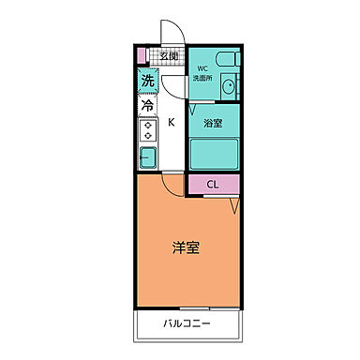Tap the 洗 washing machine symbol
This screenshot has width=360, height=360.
[x=147, y=82]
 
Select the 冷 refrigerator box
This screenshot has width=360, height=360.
[x=147, y=106]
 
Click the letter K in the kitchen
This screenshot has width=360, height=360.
[x=172, y=122]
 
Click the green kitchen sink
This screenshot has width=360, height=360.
[x=147, y=156]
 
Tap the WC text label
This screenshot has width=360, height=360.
[x=202, y=68]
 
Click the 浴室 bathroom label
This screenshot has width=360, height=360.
[x=212, y=122]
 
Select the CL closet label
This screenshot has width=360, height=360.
[x=212, y=185]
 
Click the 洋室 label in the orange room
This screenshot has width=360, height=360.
[x=184, y=248]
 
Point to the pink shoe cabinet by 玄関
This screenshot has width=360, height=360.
[x=142, y=56]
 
